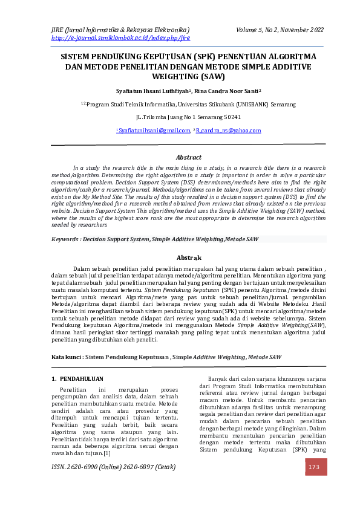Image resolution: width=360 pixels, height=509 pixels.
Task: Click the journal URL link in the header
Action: (x=120, y=37)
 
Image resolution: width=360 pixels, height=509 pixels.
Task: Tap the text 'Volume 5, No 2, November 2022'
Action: (x=280, y=29)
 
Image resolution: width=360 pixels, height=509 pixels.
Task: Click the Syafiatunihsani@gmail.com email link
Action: (x=154, y=131)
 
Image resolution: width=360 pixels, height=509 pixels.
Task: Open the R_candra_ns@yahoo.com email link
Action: (x=229, y=131)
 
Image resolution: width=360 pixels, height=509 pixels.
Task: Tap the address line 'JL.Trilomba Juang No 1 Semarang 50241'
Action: (x=180, y=117)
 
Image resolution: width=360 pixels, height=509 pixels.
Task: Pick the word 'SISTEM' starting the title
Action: (x=74, y=56)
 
